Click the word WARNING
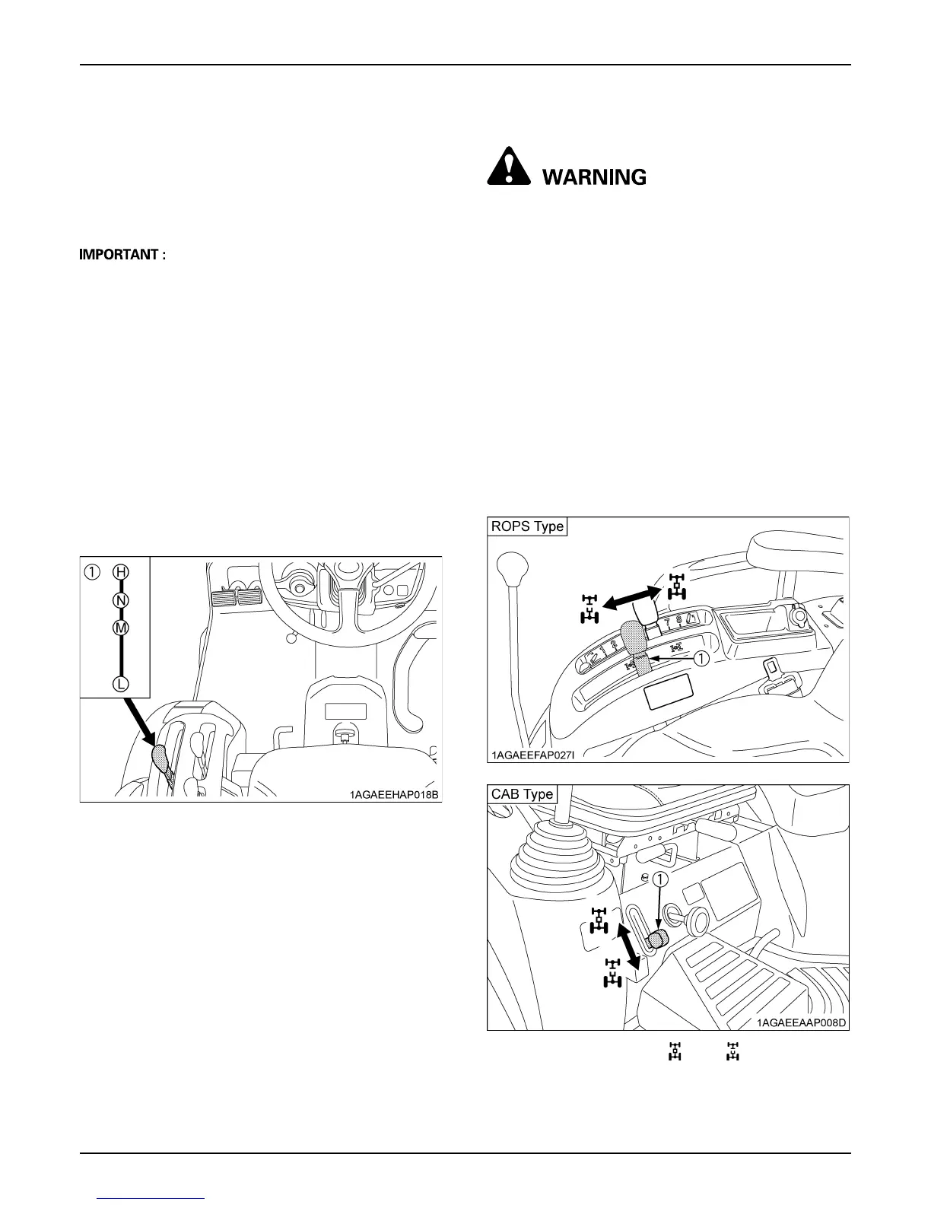pyautogui.click(x=594, y=177)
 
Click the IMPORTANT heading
pyautogui.click(x=122, y=255)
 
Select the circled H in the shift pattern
pyautogui.click(x=121, y=571)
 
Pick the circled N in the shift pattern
pyautogui.click(x=121, y=600)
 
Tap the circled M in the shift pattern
pyautogui.click(x=121, y=628)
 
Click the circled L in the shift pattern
pyautogui.click(x=121, y=684)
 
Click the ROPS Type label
pyautogui.click(x=527, y=526)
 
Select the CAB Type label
pyautogui.click(x=523, y=793)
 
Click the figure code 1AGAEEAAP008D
pyautogui.click(x=802, y=1022)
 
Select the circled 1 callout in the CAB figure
pyautogui.click(x=661, y=879)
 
